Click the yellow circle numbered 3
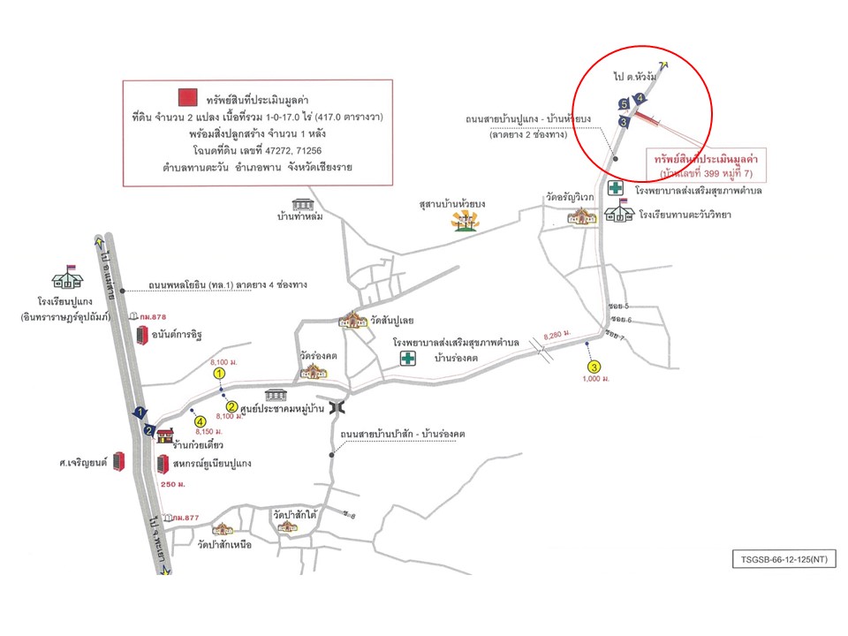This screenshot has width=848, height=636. (x=594, y=367)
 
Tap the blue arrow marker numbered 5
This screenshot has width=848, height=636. (x=624, y=104)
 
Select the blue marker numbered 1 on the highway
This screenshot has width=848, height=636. (x=139, y=413)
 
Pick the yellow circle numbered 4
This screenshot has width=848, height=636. (x=201, y=421)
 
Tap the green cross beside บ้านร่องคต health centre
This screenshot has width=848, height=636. (x=408, y=358)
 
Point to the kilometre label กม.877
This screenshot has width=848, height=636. (x=184, y=517)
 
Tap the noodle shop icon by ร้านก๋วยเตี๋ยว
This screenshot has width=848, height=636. (x=164, y=435)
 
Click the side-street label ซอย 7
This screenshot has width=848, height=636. (x=616, y=334)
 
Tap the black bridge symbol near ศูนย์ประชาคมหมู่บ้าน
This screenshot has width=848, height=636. (x=336, y=407)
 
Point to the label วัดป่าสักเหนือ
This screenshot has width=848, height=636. (x=225, y=545)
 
